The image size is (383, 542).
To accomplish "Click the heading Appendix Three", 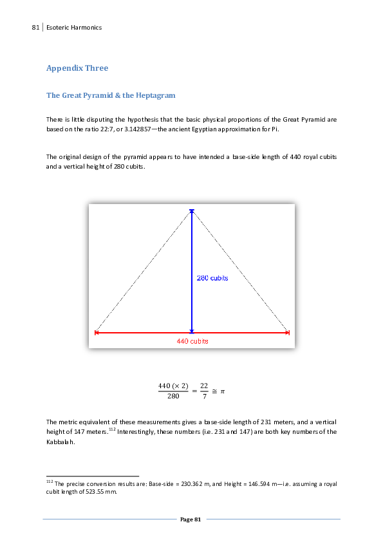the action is tap(77, 68).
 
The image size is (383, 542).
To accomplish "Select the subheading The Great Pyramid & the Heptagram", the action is tap(111, 95).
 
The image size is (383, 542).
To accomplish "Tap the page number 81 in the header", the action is tap(35, 27).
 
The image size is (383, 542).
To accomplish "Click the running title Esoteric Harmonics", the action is tap(74, 27).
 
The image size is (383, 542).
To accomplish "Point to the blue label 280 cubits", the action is tap(212, 279).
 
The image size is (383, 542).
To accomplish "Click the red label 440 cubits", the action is tap(192, 341).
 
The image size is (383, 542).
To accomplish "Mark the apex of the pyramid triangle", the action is tap(191, 210).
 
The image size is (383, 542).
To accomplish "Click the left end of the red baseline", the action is tap(95, 333).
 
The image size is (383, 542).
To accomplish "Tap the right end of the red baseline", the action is tap(288, 333).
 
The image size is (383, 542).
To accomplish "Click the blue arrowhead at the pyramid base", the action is tap(191, 331).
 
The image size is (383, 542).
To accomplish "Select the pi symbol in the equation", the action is tap(222, 391).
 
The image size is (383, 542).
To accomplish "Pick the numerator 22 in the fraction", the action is tap(203, 386).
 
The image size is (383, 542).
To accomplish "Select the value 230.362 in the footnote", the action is tap(187, 483).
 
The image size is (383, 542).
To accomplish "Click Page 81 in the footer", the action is tap(191, 519).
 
